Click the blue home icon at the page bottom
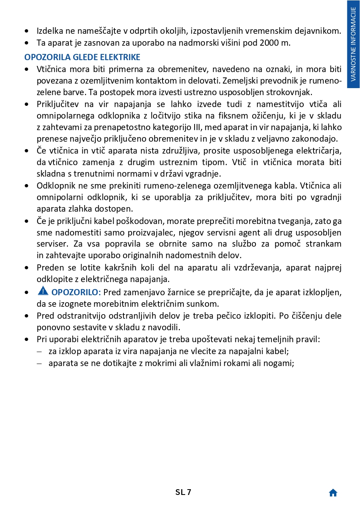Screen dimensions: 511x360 point(333,493)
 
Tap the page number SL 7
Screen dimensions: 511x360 point(183,492)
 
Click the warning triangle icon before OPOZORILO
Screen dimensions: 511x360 point(43,291)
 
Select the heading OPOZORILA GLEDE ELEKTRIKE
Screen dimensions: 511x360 point(82,57)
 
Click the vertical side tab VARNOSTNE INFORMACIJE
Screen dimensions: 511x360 point(353,44)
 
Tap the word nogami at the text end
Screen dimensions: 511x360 point(279,364)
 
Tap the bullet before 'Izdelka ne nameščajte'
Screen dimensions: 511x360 point(27,31)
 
